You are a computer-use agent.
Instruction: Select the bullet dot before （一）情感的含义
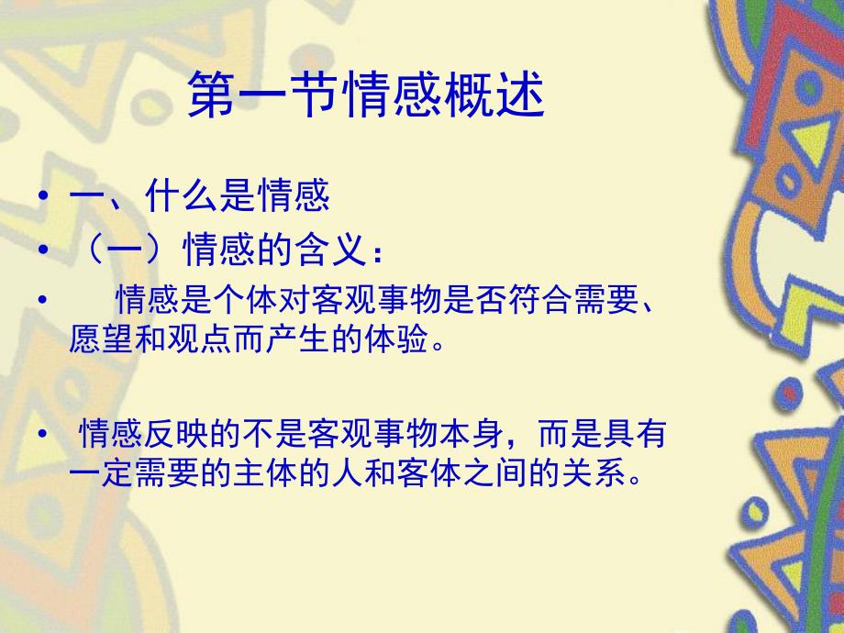pyautogui.click(x=42, y=250)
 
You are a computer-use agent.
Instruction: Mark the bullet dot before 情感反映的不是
pyautogui.click(x=42, y=434)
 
